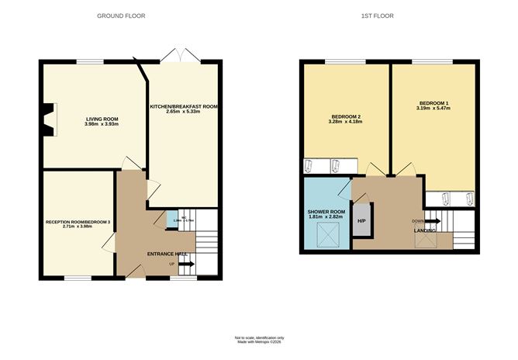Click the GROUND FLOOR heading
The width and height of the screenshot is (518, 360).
(120, 16)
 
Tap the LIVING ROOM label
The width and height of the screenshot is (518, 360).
(101, 119)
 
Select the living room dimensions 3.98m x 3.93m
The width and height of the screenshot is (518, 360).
(101, 124)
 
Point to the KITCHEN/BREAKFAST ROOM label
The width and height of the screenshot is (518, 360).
(183, 106)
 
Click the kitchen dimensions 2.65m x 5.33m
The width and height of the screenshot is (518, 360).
(183, 112)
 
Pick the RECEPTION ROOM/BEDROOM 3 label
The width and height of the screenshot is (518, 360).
(78, 222)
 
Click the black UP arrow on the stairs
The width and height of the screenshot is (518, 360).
(186, 265)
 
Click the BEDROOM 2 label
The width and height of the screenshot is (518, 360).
(345, 116)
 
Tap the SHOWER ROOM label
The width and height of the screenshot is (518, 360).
(326, 211)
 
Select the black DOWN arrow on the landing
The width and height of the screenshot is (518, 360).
(432, 221)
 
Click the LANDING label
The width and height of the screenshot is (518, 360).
(423, 229)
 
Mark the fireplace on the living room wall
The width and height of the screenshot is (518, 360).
(50, 120)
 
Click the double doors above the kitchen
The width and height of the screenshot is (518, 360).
(178, 56)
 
